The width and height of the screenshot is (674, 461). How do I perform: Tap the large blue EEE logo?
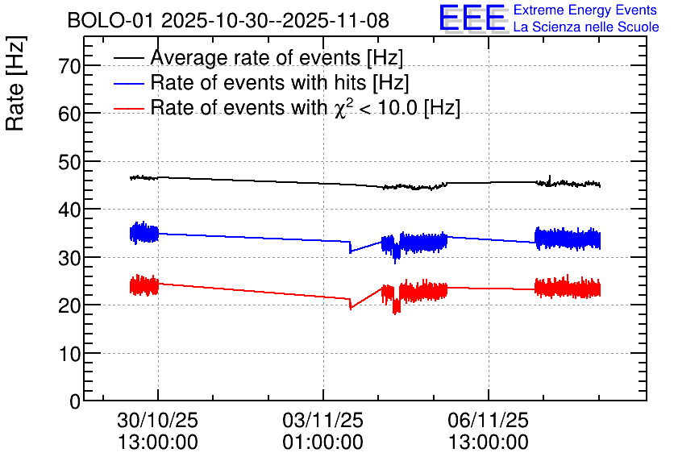[x=472, y=19]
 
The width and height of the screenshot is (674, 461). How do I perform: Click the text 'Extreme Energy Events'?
[x=585, y=10]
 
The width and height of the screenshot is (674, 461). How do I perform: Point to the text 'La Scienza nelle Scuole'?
[x=586, y=27]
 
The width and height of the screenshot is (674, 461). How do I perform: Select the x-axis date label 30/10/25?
[x=157, y=421]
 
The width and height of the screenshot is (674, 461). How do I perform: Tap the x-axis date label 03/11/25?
[x=322, y=421]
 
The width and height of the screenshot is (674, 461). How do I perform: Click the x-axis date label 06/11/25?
[x=489, y=421]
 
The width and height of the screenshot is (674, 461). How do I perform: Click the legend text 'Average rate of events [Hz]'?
[x=277, y=58]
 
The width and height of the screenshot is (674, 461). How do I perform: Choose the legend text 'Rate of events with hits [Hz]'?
[x=280, y=83]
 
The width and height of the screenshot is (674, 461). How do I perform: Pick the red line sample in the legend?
[x=128, y=108]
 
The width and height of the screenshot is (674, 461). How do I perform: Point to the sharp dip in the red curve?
[x=350, y=307]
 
